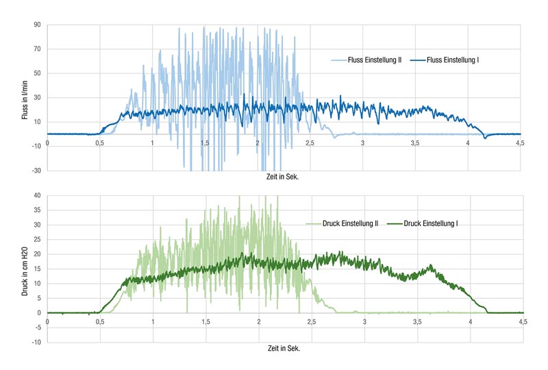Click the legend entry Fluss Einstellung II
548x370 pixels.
tap(366, 60)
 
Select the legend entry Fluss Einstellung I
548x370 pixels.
tap(444, 60)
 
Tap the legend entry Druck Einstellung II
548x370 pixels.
tap(342, 223)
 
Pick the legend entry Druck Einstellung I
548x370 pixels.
tap(423, 223)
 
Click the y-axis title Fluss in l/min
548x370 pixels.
tap(25, 100)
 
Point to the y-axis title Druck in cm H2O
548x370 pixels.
tap(25, 271)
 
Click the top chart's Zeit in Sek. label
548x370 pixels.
tap(282, 177)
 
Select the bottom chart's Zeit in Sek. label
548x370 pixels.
tap(284, 348)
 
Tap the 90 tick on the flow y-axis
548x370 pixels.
tap(38, 25)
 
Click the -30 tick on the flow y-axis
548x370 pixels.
tap(36, 171)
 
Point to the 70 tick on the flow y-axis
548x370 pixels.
tap(38, 49)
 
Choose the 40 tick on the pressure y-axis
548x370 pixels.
tap(38, 195)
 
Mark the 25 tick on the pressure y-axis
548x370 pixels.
tap(38, 240)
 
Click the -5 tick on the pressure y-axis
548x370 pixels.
tap(38, 328)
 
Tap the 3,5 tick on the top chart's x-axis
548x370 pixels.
tap(415, 143)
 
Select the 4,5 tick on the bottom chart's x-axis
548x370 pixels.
tap(523, 322)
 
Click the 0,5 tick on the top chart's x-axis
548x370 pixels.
tap(99, 143)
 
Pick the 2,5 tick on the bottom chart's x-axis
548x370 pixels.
tap(312, 322)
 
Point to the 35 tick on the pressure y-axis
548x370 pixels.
tap(38, 210)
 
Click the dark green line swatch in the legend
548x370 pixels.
tap(395, 223)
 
